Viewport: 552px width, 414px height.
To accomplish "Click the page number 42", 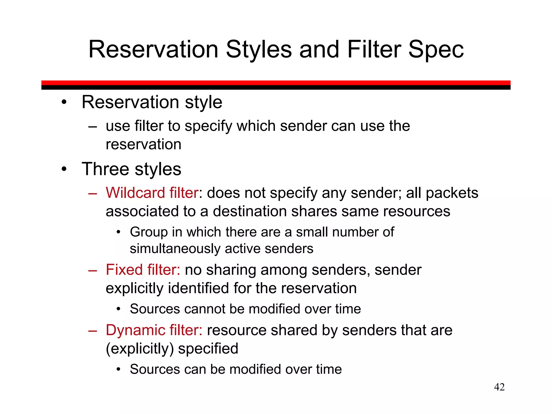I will tap(499, 387).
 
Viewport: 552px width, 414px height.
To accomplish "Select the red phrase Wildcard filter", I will tap(152, 193).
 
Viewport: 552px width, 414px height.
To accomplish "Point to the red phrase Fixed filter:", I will tap(143, 270).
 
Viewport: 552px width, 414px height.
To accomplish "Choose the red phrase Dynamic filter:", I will tap(154, 330).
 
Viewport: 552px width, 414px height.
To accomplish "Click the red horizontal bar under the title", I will tap(276, 83).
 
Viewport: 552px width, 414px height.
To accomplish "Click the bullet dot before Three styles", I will tap(64, 169).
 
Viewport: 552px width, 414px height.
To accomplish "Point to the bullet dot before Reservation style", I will tap(64, 102).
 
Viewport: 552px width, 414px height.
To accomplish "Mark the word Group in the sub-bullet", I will tap(149, 232).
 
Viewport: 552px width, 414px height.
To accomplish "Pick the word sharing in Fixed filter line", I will tap(231, 270).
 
